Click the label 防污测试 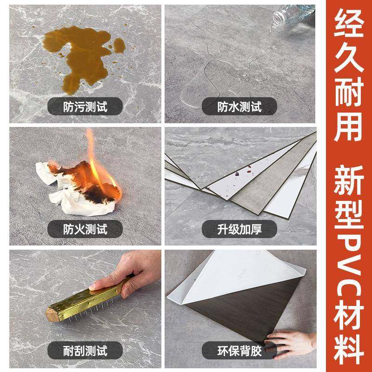point(85,107)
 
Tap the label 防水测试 point(240,107)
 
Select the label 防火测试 point(85,229)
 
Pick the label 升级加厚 point(240,229)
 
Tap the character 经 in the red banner point(350,27)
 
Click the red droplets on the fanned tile point(242,174)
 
